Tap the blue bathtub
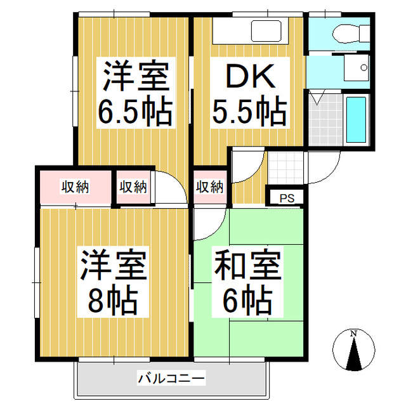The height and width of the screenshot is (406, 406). [x=357, y=120]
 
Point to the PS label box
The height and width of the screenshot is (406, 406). [x=287, y=198]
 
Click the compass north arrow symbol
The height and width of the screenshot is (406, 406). [x=354, y=355]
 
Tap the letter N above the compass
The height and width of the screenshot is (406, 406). [x=354, y=334]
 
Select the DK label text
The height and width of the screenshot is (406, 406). [x=249, y=78]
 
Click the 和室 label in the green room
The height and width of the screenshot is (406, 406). [x=247, y=266]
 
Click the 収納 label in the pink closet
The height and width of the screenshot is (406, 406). [x=75, y=187]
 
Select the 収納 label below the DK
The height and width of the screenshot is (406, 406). [x=209, y=187]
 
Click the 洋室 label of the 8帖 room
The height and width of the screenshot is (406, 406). [x=114, y=266]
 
